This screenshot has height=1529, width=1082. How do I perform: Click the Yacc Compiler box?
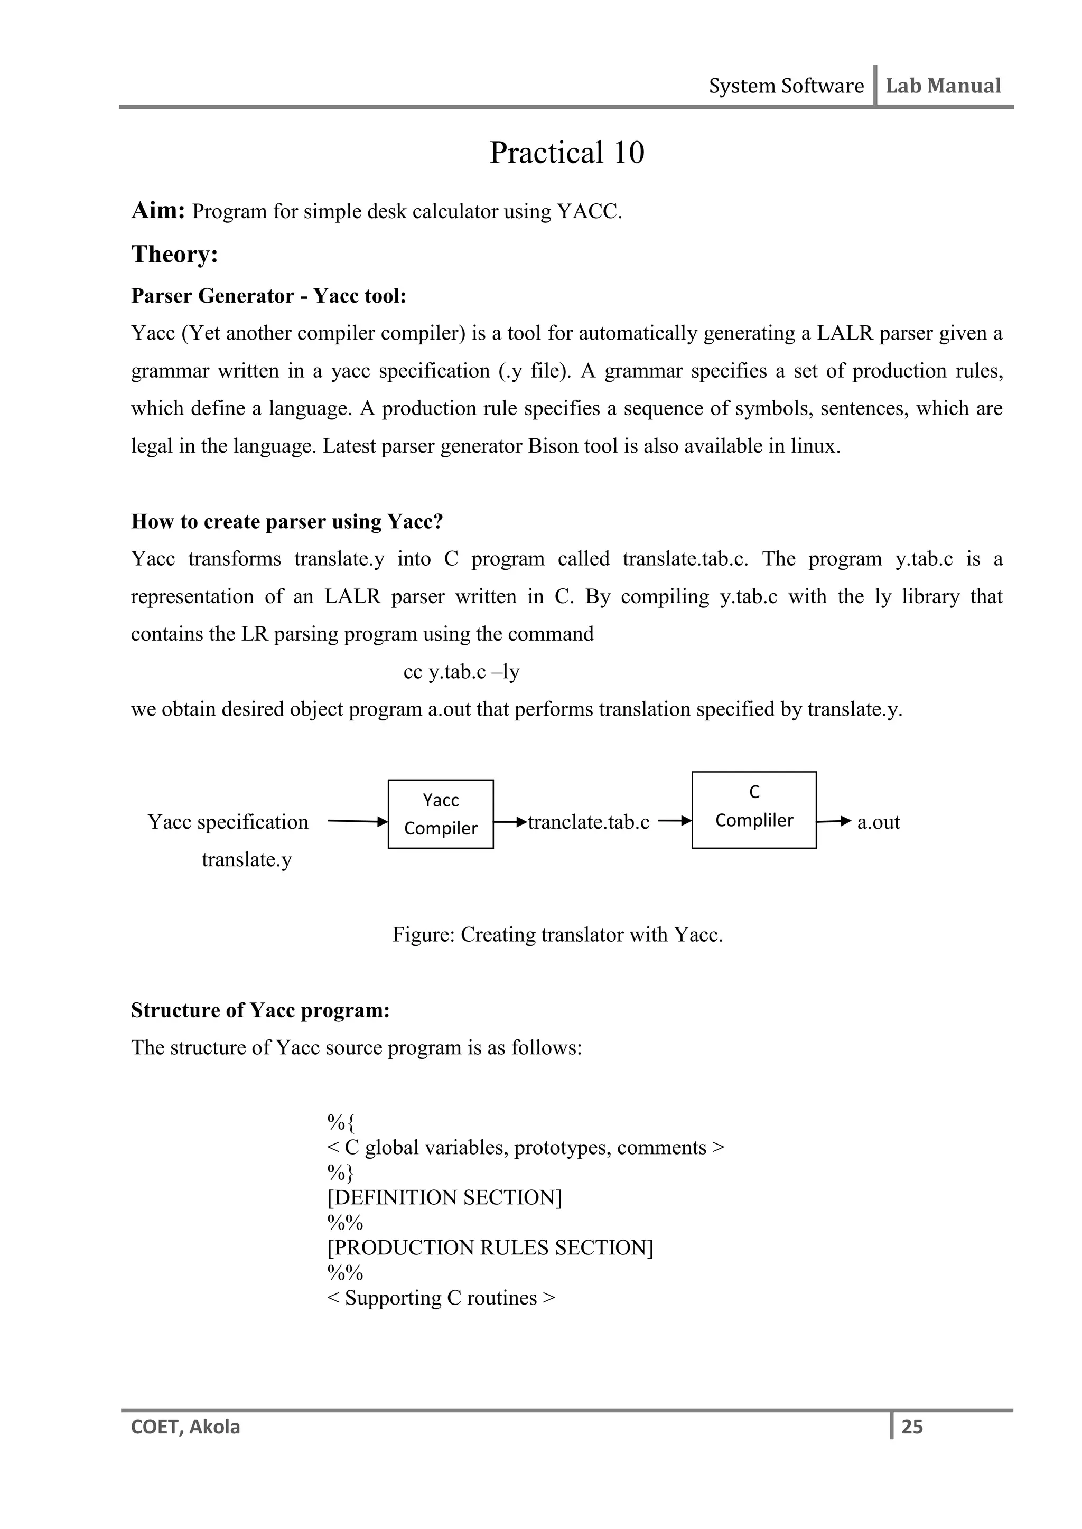pyautogui.click(x=441, y=814)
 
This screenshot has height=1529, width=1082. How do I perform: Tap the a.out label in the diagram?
pyautogui.click(x=878, y=822)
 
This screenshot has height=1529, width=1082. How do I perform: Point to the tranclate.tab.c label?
pyautogui.click(x=589, y=822)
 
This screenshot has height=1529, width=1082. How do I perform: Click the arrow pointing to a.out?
pyautogui.click(x=834, y=821)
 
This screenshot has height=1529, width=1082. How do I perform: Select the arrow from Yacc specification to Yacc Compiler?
pyautogui.click(x=357, y=821)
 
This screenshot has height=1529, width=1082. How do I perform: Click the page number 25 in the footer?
pyautogui.click(x=911, y=1427)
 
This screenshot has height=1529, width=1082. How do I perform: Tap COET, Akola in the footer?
pyautogui.click(x=185, y=1427)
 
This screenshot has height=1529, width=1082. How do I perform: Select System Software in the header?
pyautogui.click(x=786, y=86)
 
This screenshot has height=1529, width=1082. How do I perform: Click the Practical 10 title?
pyautogui.click(x=567, y=153)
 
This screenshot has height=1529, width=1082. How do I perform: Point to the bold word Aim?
pyautogui.click(x=158, y=210)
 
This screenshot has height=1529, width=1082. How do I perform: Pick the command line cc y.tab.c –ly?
pyautogui.click(x=461, y=672)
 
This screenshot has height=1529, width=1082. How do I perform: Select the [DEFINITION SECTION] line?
pyautogui.click(x=444, y=1197)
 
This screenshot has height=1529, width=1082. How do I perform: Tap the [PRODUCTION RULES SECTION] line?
pyautogui.click(x=490, y=1247)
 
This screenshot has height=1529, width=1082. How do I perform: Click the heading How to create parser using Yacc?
pyautogui.click(x=286, y=521)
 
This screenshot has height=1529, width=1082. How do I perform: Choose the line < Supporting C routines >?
pyautogui.click(x=441, y=1297)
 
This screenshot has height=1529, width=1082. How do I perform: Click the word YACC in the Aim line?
pyautogui.click(x=589, y=212)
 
